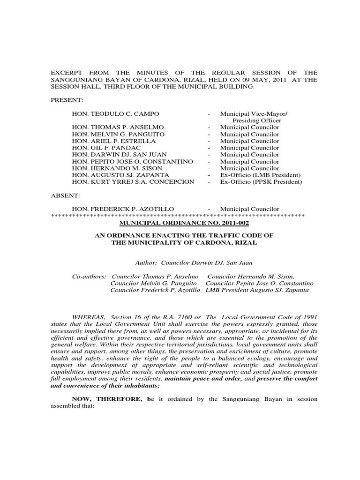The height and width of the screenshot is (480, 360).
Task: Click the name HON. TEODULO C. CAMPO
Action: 115,114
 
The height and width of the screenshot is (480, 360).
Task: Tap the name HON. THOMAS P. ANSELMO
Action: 118,127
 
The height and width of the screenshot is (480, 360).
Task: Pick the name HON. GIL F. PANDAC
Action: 108,148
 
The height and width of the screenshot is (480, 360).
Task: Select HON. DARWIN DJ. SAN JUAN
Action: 120,155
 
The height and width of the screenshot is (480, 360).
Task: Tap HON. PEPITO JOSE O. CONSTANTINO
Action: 132,161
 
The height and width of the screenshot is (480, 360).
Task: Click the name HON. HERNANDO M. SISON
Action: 117,168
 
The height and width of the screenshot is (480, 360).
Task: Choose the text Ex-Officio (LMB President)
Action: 260,175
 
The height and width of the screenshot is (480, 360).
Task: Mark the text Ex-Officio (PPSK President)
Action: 261,182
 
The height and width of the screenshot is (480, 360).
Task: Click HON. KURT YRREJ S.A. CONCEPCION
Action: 133,182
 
